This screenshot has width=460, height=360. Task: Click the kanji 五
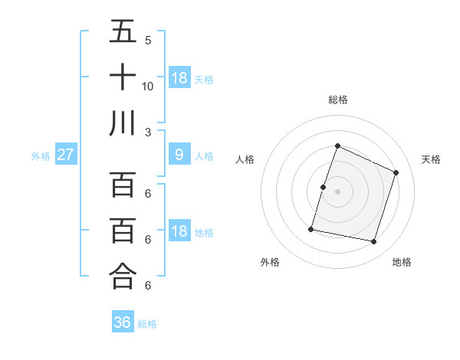coord(123,32)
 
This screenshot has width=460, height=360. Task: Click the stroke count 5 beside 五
coord(148,41)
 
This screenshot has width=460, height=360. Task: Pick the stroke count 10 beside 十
coord(148,86)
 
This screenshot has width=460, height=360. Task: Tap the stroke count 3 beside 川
coord(148,131)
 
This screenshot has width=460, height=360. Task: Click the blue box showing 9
coord(179,155)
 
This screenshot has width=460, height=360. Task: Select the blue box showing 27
coord(65,155)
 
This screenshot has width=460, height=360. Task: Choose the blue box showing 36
coord(123,322)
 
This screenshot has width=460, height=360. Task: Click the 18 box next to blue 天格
coord(179,77)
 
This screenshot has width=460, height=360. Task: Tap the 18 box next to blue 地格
coord(179,231)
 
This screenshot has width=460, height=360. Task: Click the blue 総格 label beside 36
coord(147,324)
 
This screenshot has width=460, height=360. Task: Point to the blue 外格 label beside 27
coord(41,156)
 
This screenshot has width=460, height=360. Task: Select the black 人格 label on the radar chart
coord(245,159)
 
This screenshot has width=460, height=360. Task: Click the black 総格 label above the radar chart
coord(337,100)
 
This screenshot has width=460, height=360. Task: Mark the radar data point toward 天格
coord(396,172)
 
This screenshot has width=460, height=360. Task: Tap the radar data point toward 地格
coord(373,241)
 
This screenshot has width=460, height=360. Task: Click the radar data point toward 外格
coord(311,228)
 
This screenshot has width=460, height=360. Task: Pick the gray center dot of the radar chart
coord(337,191)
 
